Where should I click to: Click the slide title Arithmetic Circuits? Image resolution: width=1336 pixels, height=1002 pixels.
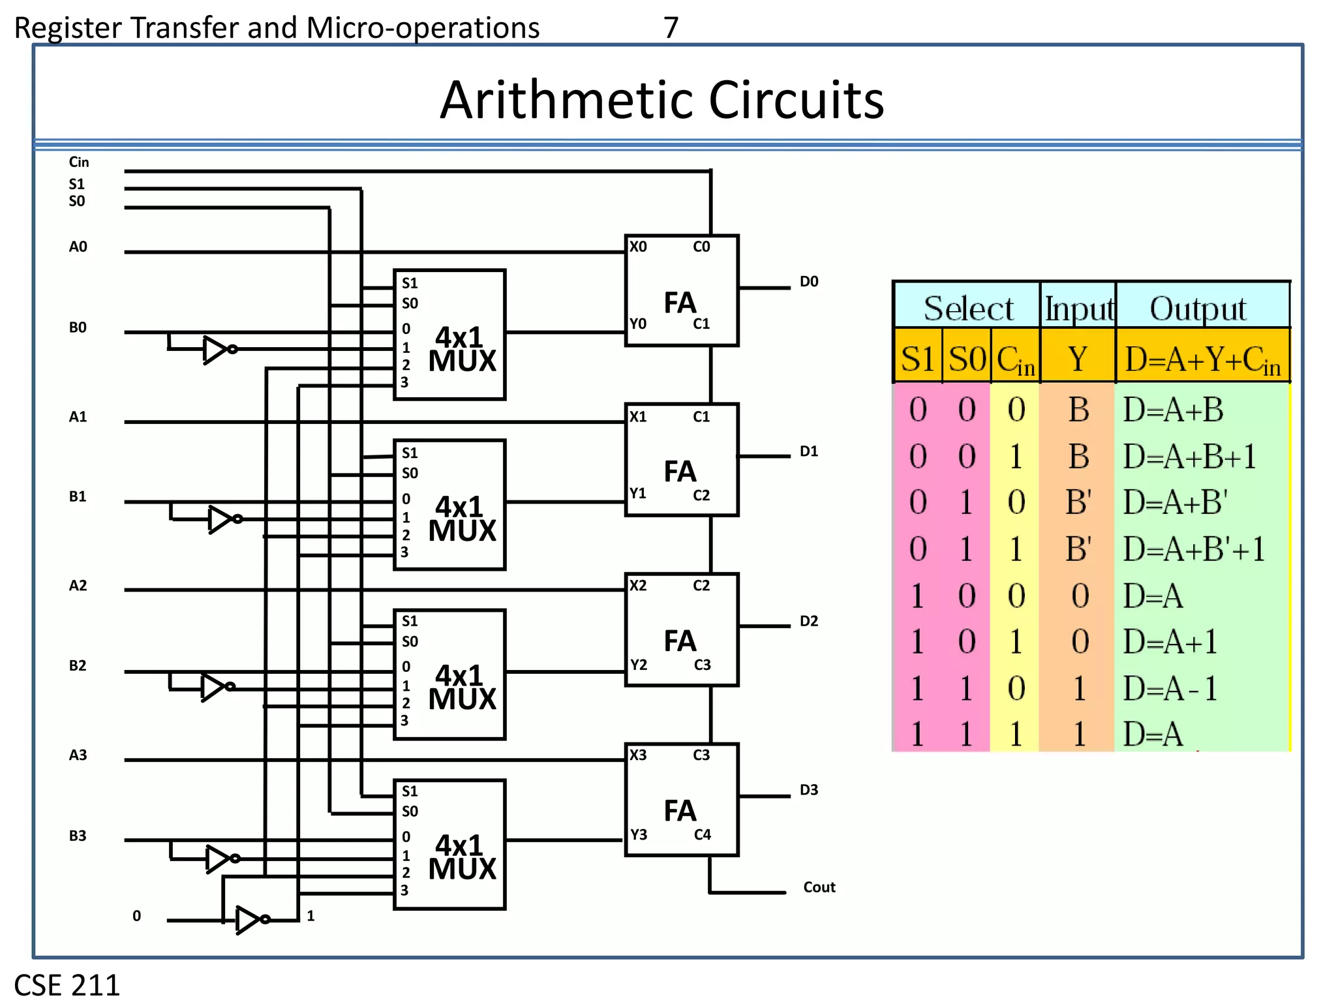(661, 100)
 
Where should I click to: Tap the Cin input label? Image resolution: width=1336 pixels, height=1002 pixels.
(78, 162)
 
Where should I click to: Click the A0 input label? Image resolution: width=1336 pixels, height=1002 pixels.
(78, 247)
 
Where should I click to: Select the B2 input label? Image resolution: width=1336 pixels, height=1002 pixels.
(78, 665)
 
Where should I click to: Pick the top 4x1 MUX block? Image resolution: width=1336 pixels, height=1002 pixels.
(449, 335)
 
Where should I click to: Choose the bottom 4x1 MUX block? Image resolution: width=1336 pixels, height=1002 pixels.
(449, 844)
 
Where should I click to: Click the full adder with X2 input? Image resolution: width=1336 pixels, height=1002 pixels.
(681, 630)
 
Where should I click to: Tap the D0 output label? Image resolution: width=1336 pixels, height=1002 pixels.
(809, 281)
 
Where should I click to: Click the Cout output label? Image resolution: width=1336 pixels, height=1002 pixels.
(819, 887)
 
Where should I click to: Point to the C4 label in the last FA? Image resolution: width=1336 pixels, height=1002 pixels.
(702, 834)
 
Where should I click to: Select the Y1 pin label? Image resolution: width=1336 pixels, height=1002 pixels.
(638, 494)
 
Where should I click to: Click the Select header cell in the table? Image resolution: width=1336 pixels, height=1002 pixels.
(967, 307)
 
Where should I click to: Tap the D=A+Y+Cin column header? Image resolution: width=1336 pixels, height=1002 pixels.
(1202, 359)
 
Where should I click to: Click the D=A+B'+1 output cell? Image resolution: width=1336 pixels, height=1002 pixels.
(1194, 549)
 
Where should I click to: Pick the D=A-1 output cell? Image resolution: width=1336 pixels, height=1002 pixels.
(1170, 688)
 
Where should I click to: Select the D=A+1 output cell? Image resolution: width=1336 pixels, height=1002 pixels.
(1170, 642)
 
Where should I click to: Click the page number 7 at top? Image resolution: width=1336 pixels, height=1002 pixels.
(671, 27)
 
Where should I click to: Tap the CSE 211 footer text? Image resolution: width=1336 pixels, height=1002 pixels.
(67, 984)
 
